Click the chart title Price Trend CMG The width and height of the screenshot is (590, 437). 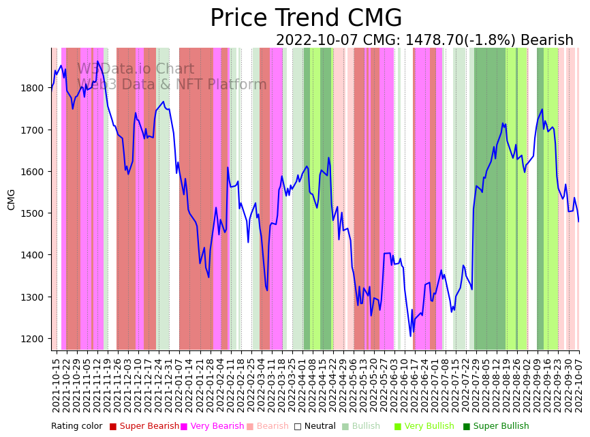306,18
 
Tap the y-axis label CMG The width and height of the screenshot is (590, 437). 12,199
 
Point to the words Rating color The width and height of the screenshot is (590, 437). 76,426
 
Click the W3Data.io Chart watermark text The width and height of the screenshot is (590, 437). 136,69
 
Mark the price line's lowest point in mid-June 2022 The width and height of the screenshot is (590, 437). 410,336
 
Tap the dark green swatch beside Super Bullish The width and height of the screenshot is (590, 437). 467,427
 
